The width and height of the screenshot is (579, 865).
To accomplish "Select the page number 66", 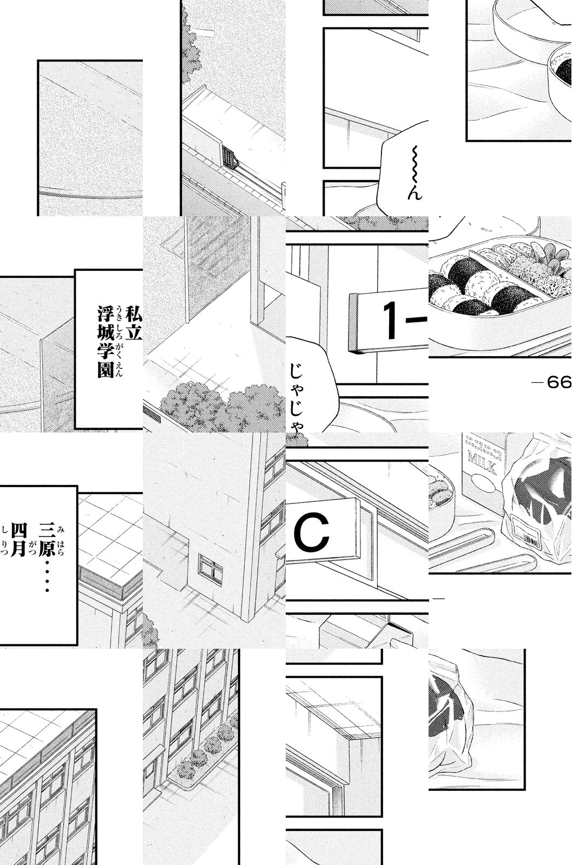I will (x=559, y=383).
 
